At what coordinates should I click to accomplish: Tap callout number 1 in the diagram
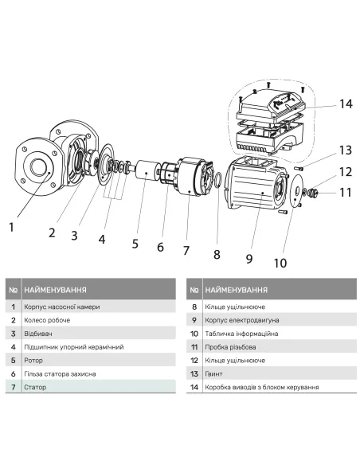pyautogui.click(x=11, y=228)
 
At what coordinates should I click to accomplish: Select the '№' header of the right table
pyautogui.click(x=194, y=289)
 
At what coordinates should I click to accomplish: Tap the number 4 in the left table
pyautogui.click(x=13, y=347)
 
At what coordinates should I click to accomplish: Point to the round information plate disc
pyautogui.click(x=294, y=189)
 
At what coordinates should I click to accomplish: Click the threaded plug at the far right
pyautogui.click(x=315, y=193)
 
